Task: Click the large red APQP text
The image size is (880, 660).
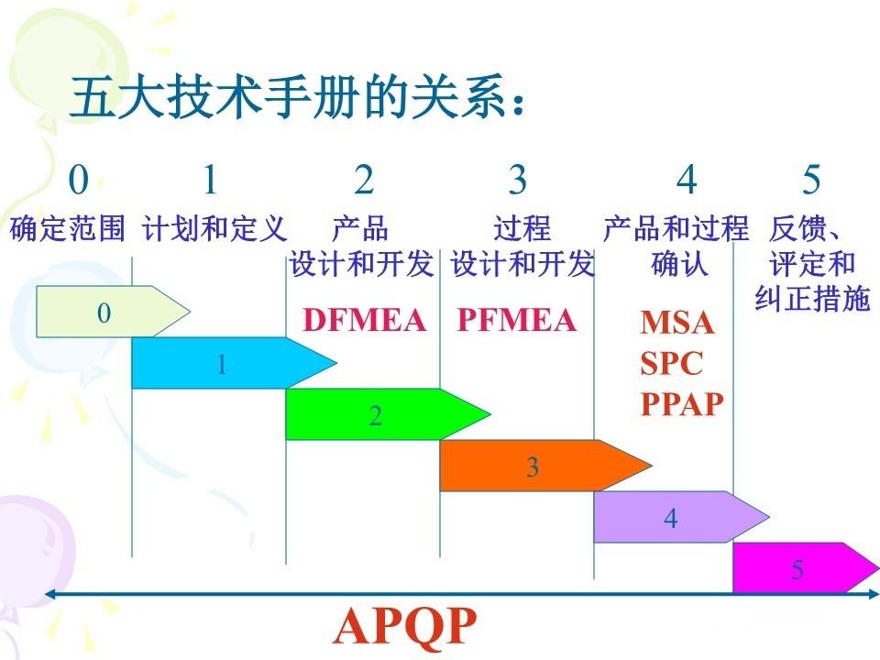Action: [405, 627]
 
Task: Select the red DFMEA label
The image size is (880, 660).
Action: [365, 320]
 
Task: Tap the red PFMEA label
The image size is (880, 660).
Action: [517, 320]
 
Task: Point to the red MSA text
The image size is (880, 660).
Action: [676, 323]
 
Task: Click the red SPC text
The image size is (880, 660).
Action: [671, 363]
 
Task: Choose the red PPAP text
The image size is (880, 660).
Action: [682, 403]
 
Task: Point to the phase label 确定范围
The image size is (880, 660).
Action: [67, 229]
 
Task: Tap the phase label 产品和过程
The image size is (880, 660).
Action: [676, 229]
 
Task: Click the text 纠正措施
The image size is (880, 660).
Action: [811, 299]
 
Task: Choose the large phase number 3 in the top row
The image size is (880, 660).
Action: [518, 181]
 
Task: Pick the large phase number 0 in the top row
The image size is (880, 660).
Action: [79, 181]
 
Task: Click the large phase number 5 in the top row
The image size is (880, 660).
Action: [811, 181]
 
